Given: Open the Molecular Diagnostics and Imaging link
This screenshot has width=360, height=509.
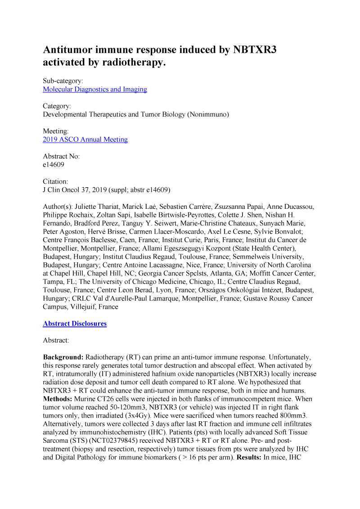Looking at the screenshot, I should pyautogui.click(x=94, y=89).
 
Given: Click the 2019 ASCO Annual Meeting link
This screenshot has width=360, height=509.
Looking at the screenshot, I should pyautogui.click(x=85, y=140).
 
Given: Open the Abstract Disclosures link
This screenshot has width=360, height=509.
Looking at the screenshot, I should pyautogui.click(x=75, y=324).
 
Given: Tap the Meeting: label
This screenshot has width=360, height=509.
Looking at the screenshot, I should pyautogui.click(x=56, y=131).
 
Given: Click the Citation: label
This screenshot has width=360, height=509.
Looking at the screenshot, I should pyautogui.click(x=56, y=181).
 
